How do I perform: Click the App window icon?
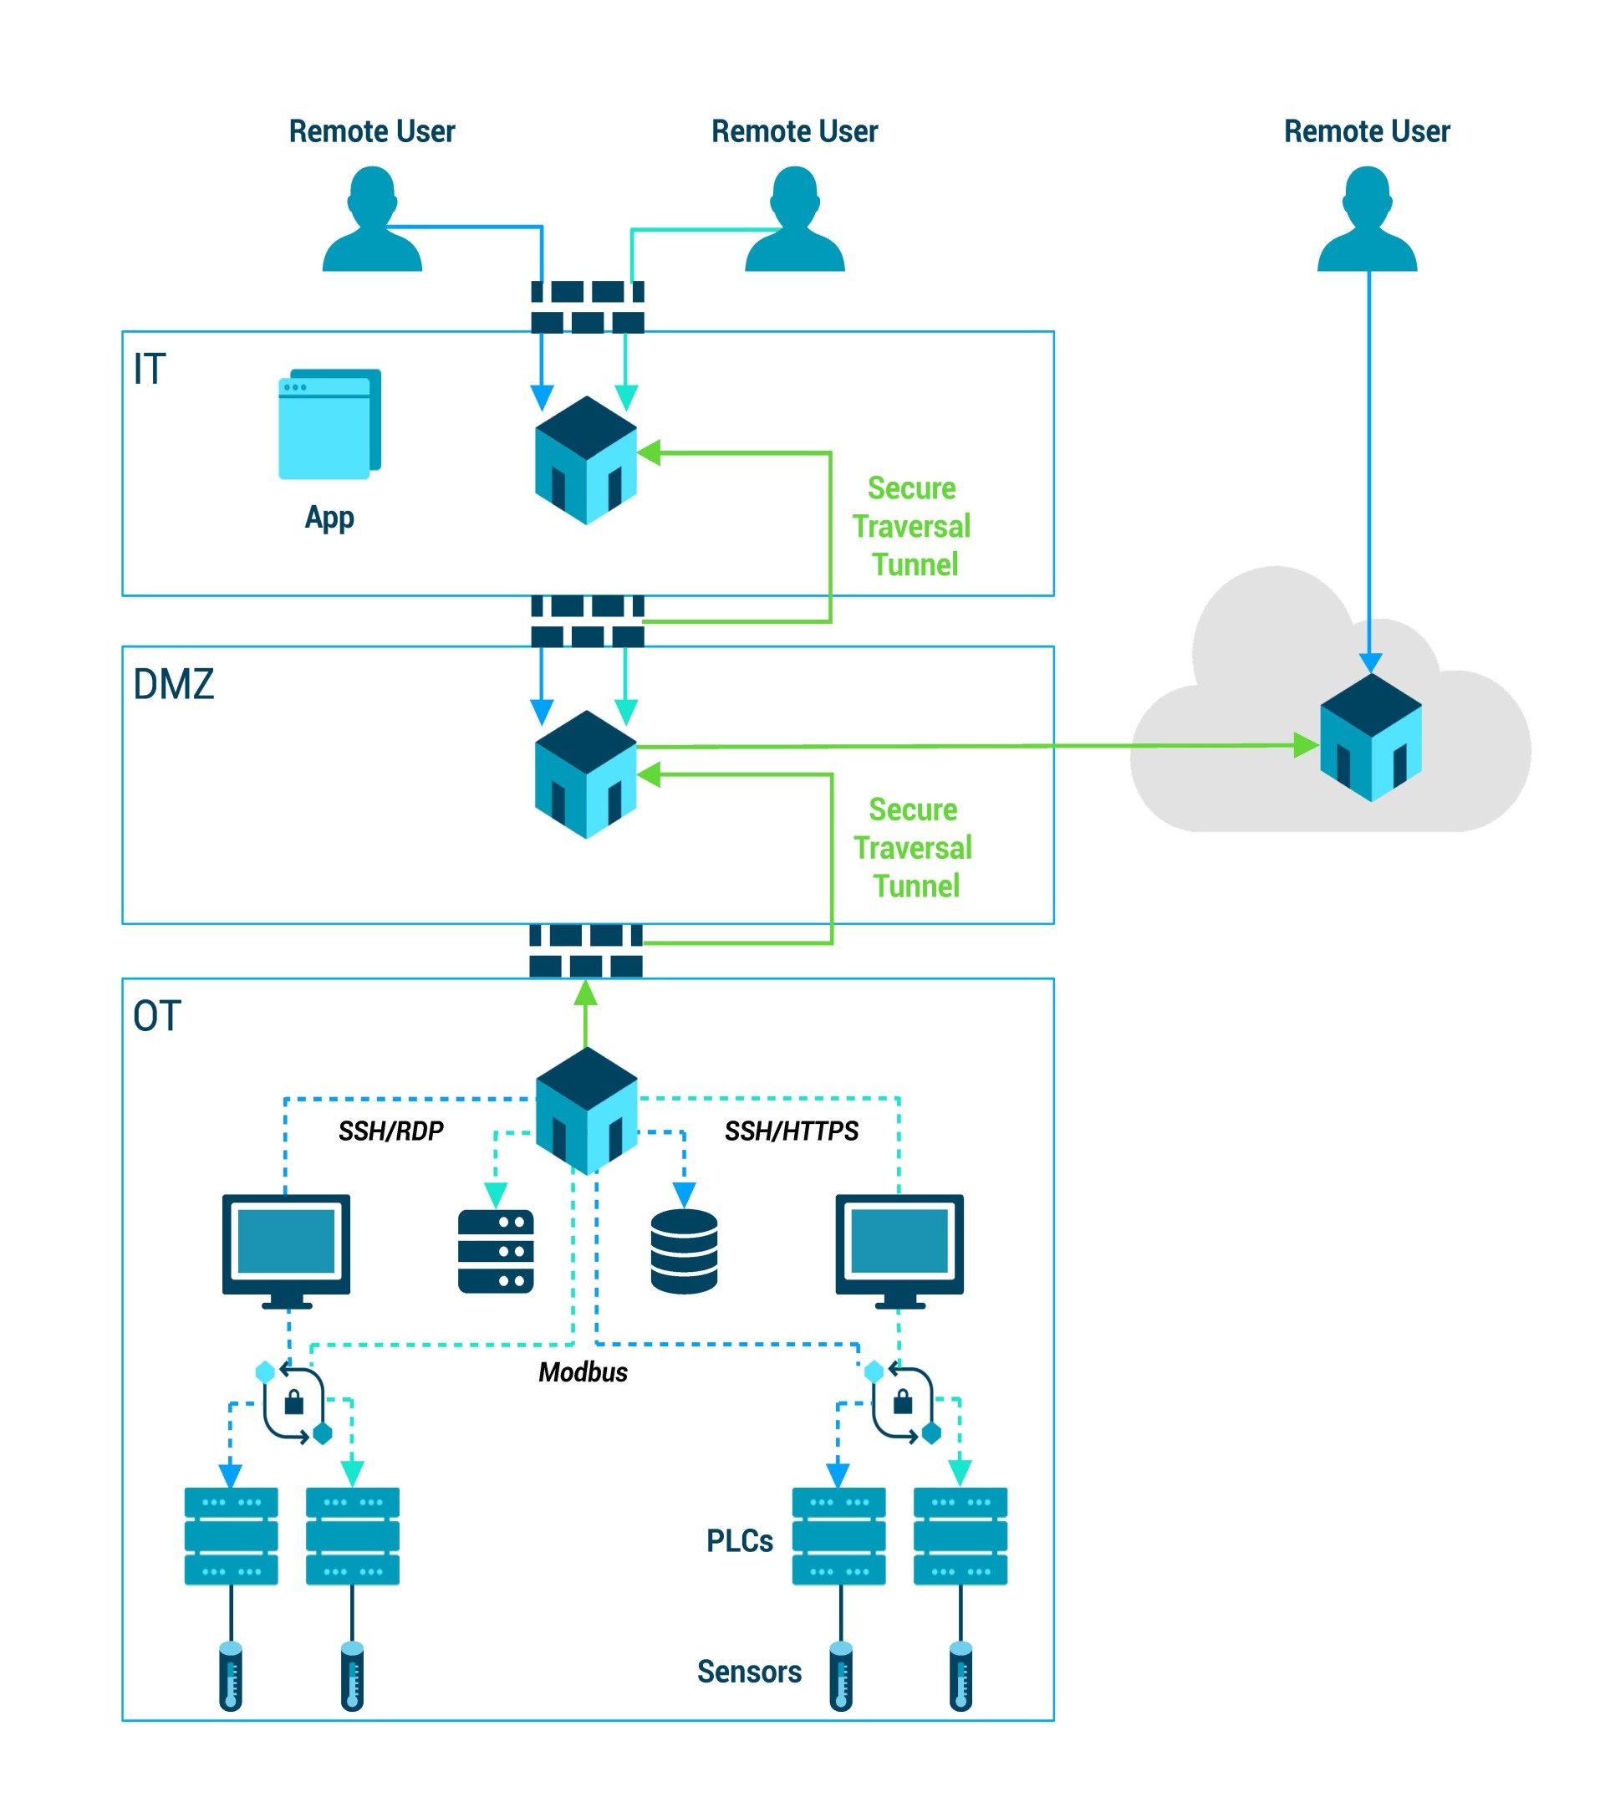(329, 424)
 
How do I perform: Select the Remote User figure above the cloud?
(1366, 220)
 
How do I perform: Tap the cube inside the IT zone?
(585, 460)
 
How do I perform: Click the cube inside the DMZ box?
(585, 774)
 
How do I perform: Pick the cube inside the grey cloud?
(1369, 737)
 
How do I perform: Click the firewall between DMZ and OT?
(585, 951)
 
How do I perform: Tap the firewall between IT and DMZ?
(587, 620)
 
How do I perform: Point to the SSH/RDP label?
(390, 1131)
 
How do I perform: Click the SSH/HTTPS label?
(791, 1131)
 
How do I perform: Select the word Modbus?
(583, 1371)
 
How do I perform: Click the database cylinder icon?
(683, 1250)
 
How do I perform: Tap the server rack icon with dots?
(495, 1250)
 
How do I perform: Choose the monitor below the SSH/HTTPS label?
(899, 1246)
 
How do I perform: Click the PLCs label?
(739, 1540)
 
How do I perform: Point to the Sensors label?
(749, 1670)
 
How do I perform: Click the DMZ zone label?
(173, 684)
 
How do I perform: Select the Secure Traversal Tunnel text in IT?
(911, 526)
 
